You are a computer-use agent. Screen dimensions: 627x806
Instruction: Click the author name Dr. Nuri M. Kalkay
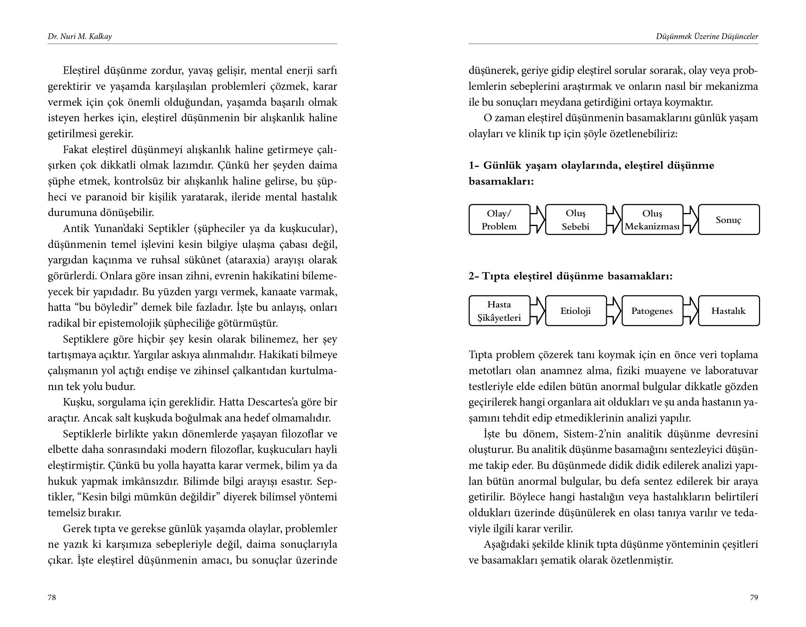[80, 36]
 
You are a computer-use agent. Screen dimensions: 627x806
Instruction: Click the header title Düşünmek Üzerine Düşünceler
[707, 36]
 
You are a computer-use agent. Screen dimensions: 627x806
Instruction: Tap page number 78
[52, 597]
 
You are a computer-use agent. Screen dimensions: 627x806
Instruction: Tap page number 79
[754, 597]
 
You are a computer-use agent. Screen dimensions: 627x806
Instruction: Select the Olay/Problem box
[499, 220]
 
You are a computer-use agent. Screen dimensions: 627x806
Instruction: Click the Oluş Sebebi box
[575, 220]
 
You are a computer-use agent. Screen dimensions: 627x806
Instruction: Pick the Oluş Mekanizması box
[652, 220]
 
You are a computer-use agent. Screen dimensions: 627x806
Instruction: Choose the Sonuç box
[729, 220]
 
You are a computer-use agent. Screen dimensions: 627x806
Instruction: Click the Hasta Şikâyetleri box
[499, 311]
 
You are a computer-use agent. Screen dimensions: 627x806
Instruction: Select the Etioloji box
[575, 311]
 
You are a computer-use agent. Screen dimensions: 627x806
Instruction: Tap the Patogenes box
[652, 311]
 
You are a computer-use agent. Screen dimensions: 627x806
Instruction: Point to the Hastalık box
[729, 311]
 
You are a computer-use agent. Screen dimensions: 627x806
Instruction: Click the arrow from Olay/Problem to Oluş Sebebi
[538, 220]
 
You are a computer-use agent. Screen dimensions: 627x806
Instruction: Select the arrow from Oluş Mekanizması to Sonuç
[691, 220]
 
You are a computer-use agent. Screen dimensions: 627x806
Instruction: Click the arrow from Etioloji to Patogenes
[614, 311]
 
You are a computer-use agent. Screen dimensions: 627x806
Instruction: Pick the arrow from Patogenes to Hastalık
[691, 311]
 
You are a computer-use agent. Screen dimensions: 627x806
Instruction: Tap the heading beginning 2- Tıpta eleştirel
[571, 276]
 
